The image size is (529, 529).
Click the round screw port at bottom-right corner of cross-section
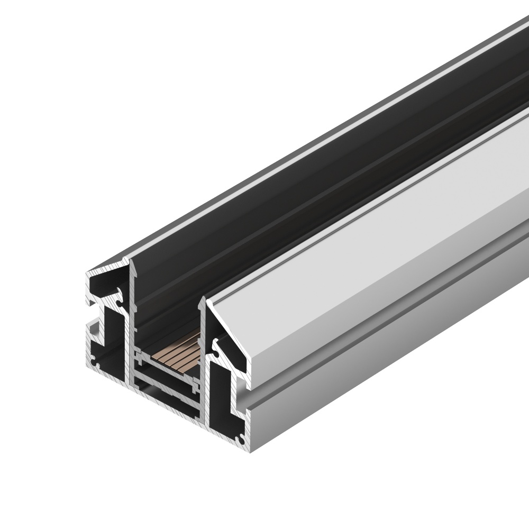242,438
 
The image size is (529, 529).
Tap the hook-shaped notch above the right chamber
217,346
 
